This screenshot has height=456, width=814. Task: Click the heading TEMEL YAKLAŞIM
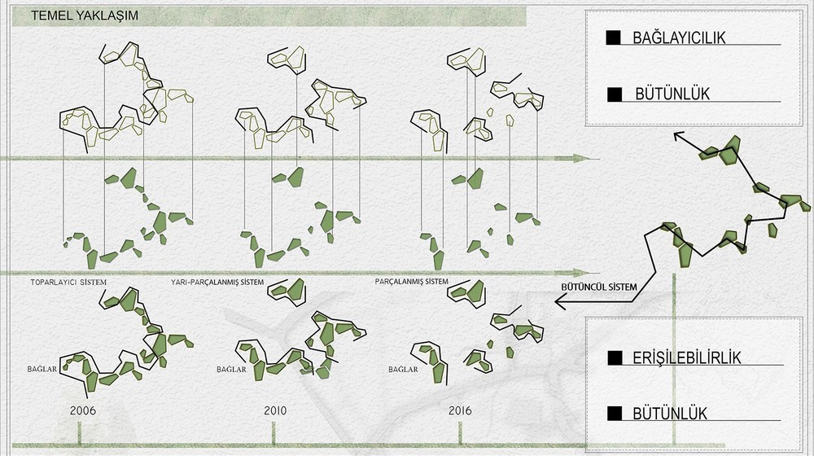tap(85, 15)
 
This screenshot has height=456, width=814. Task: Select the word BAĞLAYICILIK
tap(679, 38)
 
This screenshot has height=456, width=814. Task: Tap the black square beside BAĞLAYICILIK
tap(613, 37)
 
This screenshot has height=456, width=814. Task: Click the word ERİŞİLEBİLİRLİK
tap(687, 357)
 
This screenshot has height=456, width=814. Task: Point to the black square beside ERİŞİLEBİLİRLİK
tap(615, 357)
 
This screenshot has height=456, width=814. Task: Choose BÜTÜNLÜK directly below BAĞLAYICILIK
tap(672, 94)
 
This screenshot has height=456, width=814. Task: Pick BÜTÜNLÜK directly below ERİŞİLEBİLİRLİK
tap(670, 414)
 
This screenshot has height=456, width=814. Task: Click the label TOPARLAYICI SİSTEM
tap(68, 283)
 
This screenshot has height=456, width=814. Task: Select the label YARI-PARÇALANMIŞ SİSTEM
tap(217, 283)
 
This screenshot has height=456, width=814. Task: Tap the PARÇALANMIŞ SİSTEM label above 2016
tap(412, 282)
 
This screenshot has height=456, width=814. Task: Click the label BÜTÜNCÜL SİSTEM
tap(599, 287)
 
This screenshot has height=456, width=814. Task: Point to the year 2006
tap(83, 410)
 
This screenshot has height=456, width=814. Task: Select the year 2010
tap(275, 410)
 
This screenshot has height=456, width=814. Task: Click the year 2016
tap(460, 410)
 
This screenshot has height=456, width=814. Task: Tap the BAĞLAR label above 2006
tap(42, 369)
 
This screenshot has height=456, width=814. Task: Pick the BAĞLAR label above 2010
tap(231, 369)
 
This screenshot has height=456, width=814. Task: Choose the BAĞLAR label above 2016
tap(404, 369)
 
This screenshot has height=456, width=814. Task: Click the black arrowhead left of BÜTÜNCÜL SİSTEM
tap(560, 301)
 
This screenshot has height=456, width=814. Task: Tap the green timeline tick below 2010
tap(274, 433)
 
